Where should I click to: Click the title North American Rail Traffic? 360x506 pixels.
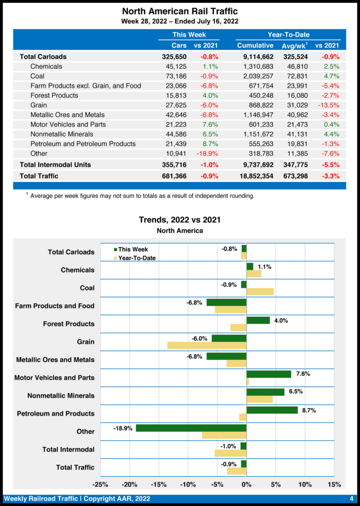(x=180, y=11)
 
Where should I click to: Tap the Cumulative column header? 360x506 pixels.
(x=255, y=45)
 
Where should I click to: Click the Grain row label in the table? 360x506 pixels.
(x=39, y=105)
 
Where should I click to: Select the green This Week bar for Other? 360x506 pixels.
(x=191, y=428)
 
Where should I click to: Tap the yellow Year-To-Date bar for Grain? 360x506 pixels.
(x=207, y=345)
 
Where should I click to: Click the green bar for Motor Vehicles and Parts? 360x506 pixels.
(x=269, y=374)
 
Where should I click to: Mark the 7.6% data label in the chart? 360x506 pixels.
(x=303, y=374)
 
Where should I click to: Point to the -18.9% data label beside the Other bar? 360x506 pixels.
(x=123, y=428)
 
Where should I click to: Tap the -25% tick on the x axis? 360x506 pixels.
(x=100, y=484)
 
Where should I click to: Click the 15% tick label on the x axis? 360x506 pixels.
(x=334, y=484)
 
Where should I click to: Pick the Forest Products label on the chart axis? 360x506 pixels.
(x=69, y=324)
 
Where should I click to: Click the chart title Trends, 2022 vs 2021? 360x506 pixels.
(x=180, y=220)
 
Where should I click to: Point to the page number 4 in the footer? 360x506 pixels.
(x=351, y=499)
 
